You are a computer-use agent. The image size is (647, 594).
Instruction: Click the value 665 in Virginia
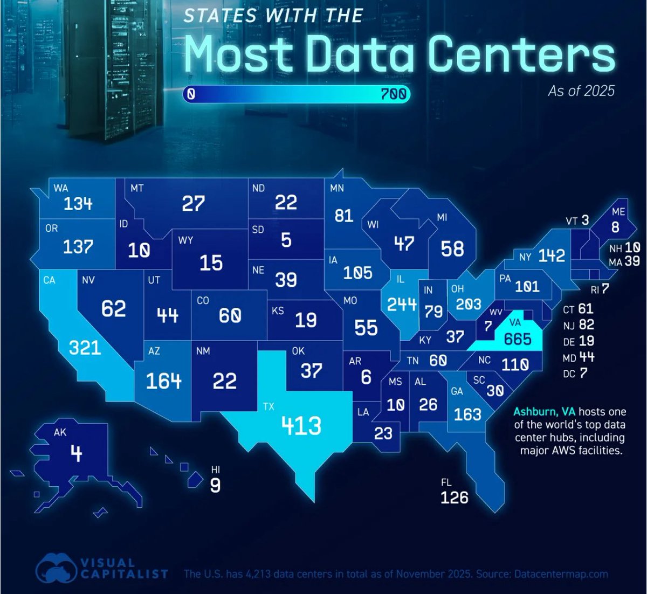click(x=518, y=339)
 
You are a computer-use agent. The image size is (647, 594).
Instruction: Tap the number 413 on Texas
click(x=301, y=425)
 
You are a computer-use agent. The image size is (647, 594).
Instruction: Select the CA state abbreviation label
click(x=50, y=280)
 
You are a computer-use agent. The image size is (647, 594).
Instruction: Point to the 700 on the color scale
click(x=393, y=94)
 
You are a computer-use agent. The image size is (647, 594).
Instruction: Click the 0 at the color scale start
click(x=191, y=94)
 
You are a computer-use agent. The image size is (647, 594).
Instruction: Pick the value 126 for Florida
click(x=454, y=498)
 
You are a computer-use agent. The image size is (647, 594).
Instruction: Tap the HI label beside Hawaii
click(x=216, y=469)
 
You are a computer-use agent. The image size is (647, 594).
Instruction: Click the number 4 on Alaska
click(x=77, y=453)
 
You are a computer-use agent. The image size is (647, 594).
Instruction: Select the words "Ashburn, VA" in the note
click(x=544, y=412)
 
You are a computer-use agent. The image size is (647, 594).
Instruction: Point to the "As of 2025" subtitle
click(x=581, y=91)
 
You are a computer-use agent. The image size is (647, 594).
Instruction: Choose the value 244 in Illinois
click(x=402, y=304)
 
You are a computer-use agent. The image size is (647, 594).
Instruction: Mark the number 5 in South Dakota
click(x=286, y=240)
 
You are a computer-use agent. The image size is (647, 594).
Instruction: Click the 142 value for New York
click(x=552, y=255)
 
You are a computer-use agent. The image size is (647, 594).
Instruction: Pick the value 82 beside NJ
click(x=587, y=324)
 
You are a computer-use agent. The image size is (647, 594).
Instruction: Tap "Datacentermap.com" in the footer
click(x=561, y=574)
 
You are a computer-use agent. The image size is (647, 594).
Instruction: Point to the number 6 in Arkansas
click(x=366, y=377)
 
